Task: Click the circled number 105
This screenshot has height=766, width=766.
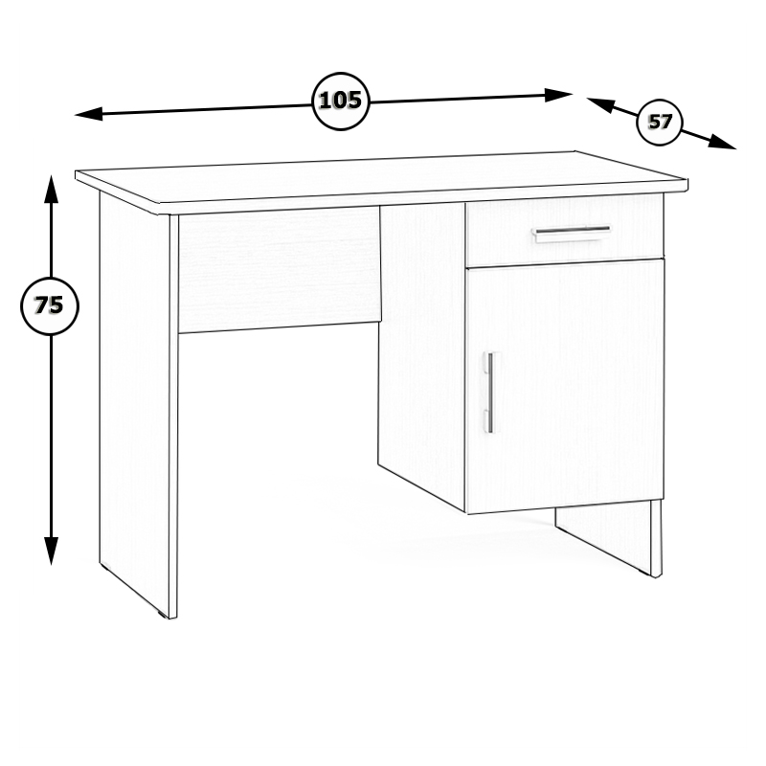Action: click(x=341, y=101)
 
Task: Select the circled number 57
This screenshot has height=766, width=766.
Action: click(x=660, y=123)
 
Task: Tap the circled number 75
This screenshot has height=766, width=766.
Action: click(x=50, y=306)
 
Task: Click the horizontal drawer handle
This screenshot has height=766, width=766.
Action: click(x=571, y=233)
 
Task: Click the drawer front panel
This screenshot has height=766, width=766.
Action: click(x=565, y=231)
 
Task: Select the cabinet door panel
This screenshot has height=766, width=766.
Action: click(x=565, y=386)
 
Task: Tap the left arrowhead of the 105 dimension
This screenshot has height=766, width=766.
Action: click(x=88, y=115)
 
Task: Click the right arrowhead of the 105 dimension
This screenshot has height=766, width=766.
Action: click(x=558, y=95)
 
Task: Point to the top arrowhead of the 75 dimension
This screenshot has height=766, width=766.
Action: click(x=52, y=189)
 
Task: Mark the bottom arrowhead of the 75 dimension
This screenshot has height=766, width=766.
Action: click(x=52, y=552)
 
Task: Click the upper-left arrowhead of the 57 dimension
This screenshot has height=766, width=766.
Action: click(x=599, y=104)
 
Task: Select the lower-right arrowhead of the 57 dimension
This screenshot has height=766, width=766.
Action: click(x=723, y=142)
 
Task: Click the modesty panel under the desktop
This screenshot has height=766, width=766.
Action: click(x=280, y=270)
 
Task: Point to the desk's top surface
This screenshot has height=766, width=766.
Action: click(x=381, y=177)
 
